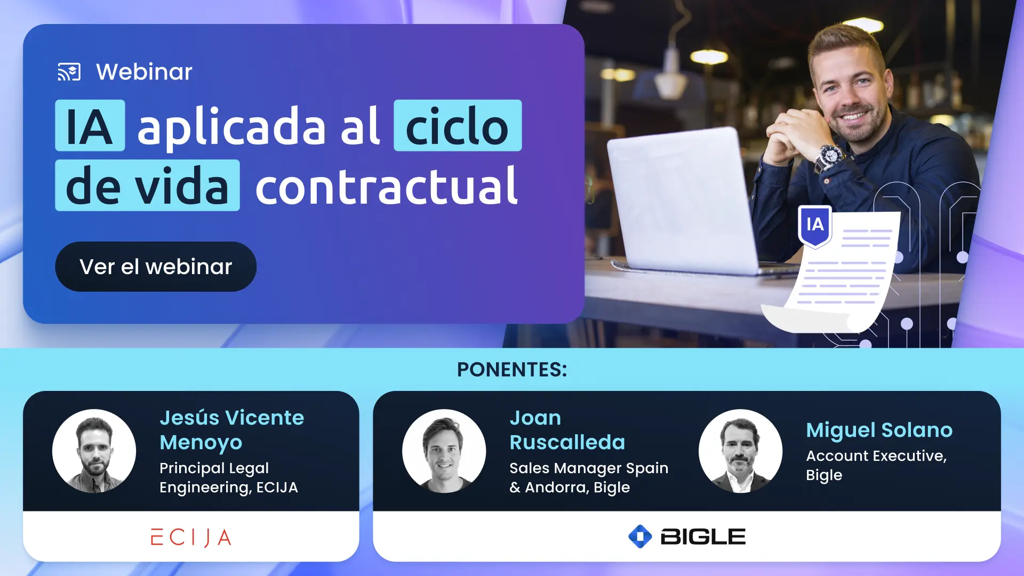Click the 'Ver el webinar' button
(155, 267)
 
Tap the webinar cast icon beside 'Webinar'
(69, 72)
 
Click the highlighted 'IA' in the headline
(90, 126)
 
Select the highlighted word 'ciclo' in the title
(457, 126)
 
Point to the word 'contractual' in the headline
(386, 186)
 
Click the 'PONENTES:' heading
(512, 370)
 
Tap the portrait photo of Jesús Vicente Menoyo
(94, 451)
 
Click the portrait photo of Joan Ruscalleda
(444, 451)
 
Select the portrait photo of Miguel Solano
(740, 451)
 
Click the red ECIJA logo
(191, 537)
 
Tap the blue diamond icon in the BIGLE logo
(640, 537)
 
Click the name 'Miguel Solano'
(879, 430)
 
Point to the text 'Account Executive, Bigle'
(876, 465)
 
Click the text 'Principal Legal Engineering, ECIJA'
(228, 477)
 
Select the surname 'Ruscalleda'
(567, 442)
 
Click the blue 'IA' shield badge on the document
(814, 225)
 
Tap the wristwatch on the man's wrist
(830, 156)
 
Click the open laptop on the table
(683, 203)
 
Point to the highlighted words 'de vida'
(147, 186)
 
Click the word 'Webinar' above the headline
(144, 72)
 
